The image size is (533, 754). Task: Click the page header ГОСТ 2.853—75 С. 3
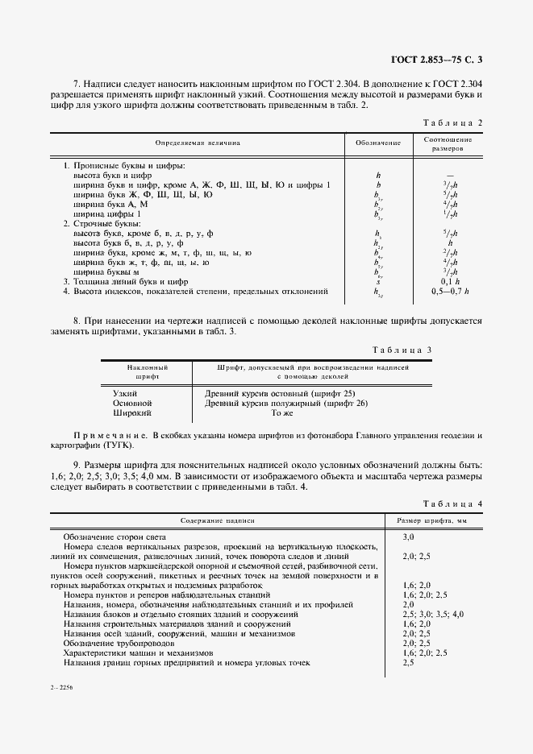(x=435, y=59)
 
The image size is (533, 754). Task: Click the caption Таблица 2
(x=452, y=122)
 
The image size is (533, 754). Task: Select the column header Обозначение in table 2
(x=378, y=143)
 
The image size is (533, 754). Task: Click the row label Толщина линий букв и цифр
(x=131, y=281)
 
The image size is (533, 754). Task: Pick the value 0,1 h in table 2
(x=450, y=281)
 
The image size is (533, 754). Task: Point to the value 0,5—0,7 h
(x=450, y=291)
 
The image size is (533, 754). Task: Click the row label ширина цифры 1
(x=107, y=214)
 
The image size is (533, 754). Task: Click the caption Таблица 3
(x=405, y=350)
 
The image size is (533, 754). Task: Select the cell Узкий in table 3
(x=125, y=392)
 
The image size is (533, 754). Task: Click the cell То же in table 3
(x=281, y=412)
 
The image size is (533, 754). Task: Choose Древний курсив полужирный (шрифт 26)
(x=286, y=402)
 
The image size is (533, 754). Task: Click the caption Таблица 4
(x=452, y=503)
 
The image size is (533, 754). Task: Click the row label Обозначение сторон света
(x=115, y=536)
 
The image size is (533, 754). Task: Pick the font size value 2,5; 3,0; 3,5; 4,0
(x=433, y=614)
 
